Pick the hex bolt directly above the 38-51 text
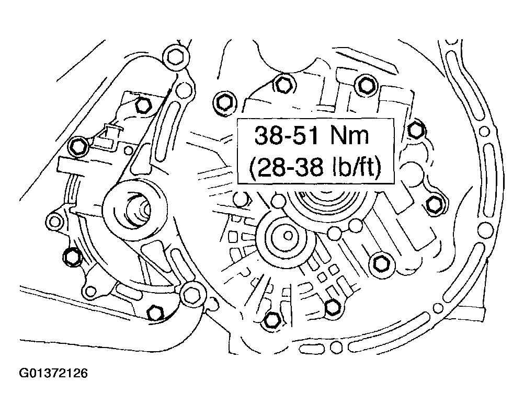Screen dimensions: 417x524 pos(282,83)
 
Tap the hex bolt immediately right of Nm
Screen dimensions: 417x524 pos(415,129)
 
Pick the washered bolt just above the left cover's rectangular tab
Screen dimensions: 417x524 pos(79,146)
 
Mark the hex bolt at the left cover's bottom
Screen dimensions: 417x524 pos(154,314)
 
